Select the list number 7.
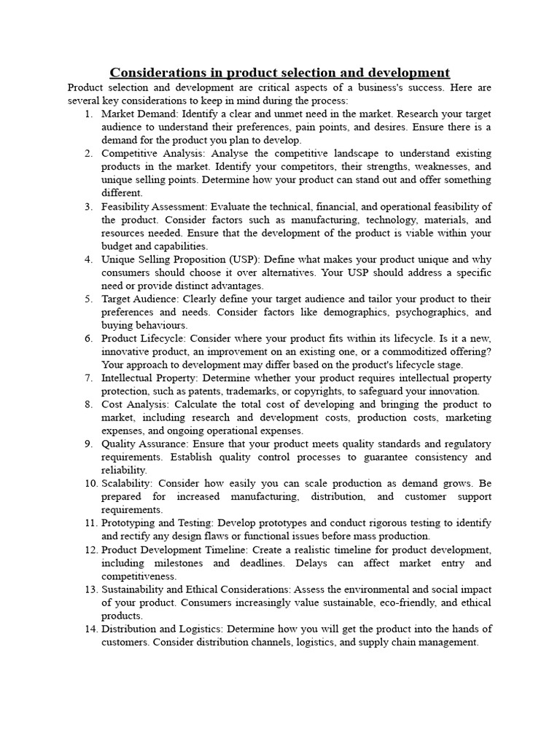click(x=88, y=378)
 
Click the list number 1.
click(x=88, y=114)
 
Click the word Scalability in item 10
click(x=126, y=483)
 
